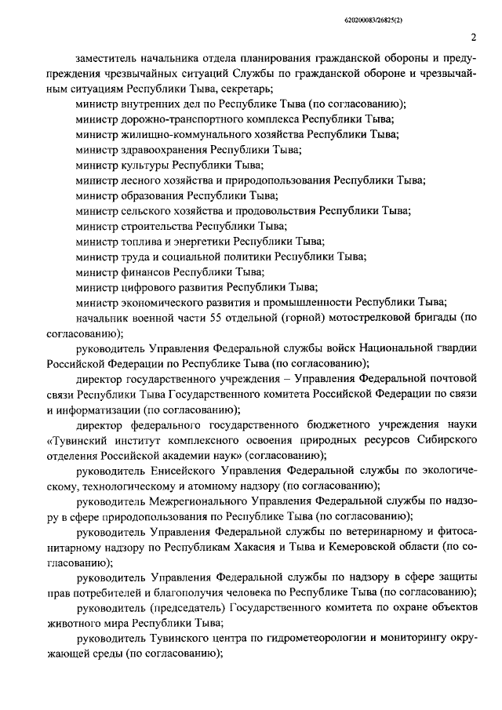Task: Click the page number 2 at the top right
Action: (474, 36)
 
